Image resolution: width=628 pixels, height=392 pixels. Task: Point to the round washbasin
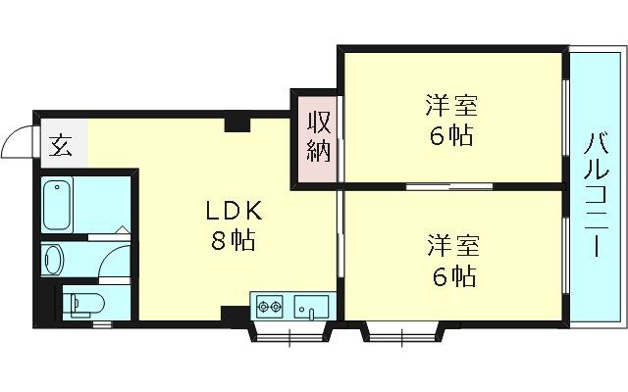pyautogui.click(x=54, y=260)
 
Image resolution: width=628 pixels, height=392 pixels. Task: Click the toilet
pyautogui.click(x=78, y=302)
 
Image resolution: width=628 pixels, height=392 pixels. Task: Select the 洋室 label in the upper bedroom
pyautogui.click(x=450, y=105)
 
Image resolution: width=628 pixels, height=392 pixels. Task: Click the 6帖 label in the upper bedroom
pyautogui.click(x=450, y=135)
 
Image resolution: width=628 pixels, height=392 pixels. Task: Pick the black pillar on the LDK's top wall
pyautogui.click(x=235, y=123)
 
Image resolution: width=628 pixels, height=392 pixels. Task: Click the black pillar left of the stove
pyautogui.click(x=234, y=314)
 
